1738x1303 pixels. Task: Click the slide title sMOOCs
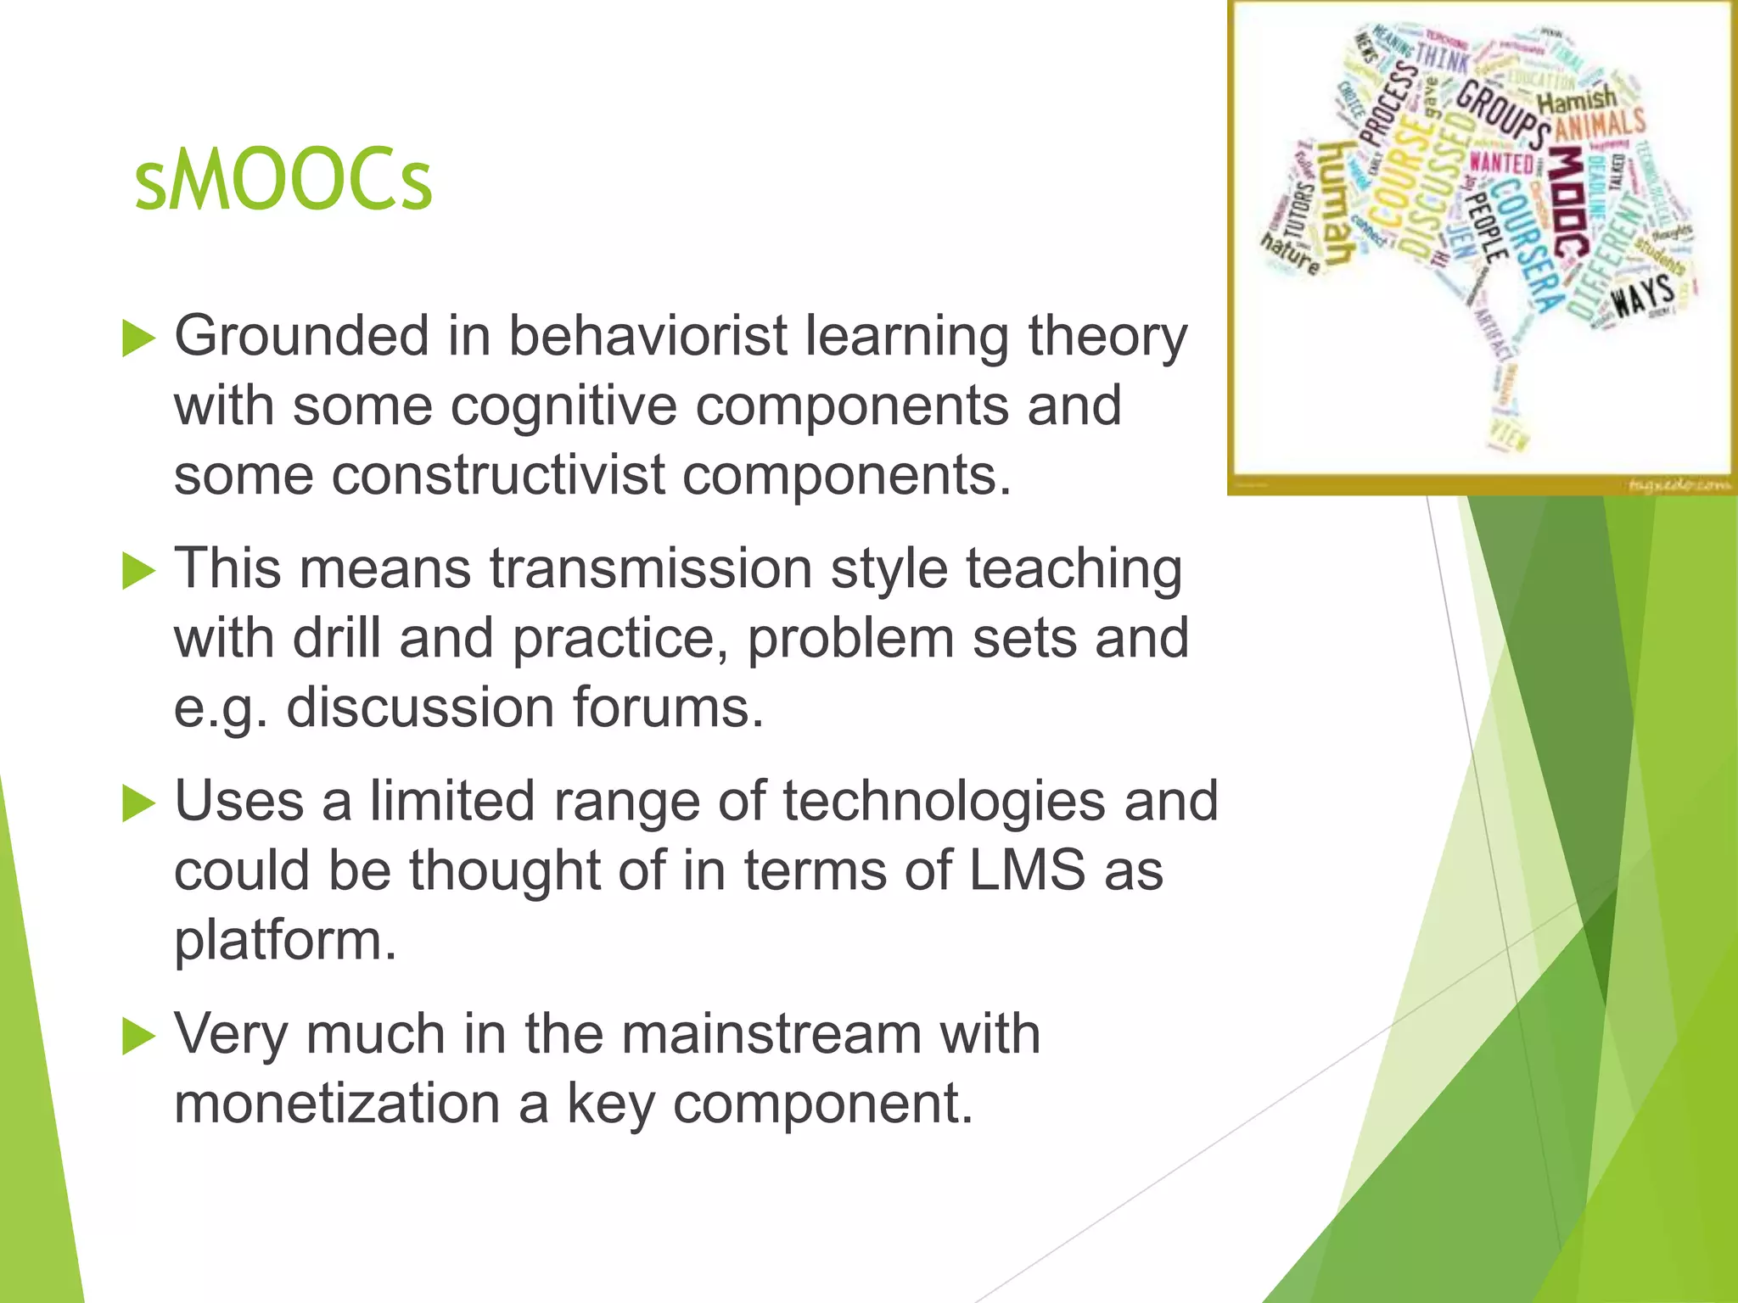(283, 181)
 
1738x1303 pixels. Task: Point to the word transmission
(651, 568)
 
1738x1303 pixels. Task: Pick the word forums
(668, 707)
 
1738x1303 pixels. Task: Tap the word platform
(285, 940)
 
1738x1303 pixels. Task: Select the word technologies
(944, 801)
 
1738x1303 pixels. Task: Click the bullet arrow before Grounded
(138, 338)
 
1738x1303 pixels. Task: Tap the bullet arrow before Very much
(138, 1037)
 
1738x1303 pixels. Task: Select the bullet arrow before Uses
(138, 803)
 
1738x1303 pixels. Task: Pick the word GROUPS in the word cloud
(1502, 115)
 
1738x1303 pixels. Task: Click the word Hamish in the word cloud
(1577, 100)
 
